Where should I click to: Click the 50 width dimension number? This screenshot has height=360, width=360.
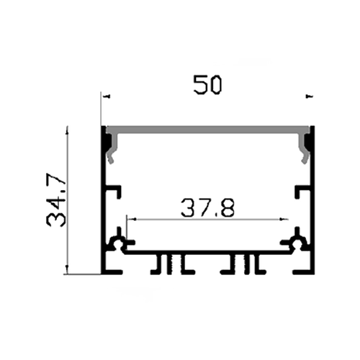click(x=207, y=85)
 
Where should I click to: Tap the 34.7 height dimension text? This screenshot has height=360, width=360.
click(x=56, y=199)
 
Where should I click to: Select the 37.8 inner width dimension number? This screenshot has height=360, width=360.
click(x=207, y=207)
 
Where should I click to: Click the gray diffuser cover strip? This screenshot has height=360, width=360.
click(x=207, y=130)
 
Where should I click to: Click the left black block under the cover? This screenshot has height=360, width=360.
click(x=107, y=142)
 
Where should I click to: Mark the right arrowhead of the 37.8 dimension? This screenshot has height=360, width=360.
click(x=284, y=219)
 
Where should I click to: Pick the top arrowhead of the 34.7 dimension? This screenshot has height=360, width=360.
click(x=68, y=130)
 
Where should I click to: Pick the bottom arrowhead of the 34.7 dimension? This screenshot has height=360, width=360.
click(x=68, y=269)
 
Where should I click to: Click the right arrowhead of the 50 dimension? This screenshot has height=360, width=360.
click(x=309, y=96)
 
